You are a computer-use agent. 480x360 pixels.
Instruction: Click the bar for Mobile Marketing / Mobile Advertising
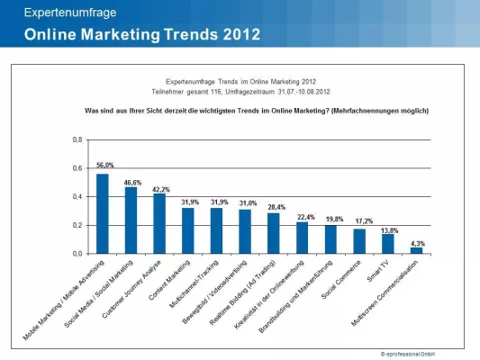[x=103, y=214]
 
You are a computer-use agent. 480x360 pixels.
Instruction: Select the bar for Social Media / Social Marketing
[x=131, y=220]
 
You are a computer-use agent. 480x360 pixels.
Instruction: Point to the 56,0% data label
[x=104, y=166]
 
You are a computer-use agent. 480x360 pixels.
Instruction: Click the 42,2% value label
[x=160, y=189]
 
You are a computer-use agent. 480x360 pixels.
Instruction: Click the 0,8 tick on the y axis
[x=77, y=140]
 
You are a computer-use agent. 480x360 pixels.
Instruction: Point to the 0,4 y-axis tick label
[x=77, y=197]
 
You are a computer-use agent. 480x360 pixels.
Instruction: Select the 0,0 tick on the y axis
[x=77, y=254]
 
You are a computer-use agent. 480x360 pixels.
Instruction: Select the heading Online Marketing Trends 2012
[x=142, y=35]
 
